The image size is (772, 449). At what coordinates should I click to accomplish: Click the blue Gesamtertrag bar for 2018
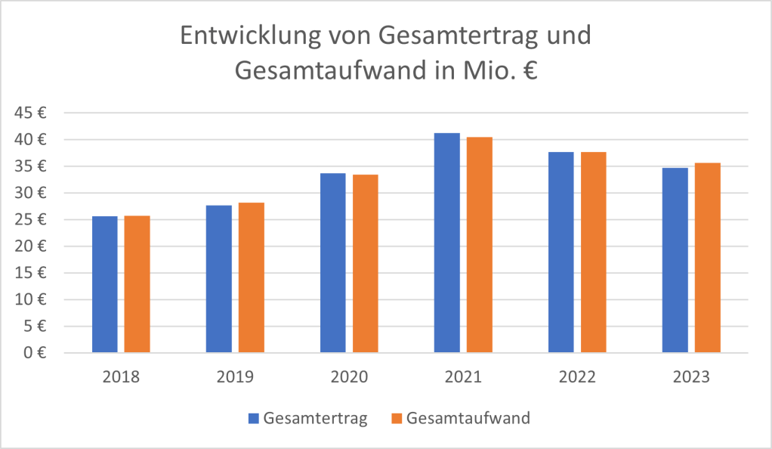104,284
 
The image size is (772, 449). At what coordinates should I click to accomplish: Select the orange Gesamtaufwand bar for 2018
137,284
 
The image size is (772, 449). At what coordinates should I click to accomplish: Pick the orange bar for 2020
365,264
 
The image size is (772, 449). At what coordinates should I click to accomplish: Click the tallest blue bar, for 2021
446,243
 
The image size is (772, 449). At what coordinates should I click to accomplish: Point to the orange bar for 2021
479,245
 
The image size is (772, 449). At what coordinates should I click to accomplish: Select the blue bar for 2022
560,252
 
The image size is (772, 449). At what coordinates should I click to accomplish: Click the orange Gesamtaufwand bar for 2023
707,258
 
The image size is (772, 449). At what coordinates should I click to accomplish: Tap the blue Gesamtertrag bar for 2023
675,260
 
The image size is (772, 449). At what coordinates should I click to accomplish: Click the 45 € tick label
30,113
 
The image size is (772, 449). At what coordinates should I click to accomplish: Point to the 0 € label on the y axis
35,353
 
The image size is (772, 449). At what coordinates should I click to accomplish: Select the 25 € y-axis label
30,219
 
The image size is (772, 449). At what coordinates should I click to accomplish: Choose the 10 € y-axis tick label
30,299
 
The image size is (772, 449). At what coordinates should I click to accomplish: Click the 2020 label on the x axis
349,376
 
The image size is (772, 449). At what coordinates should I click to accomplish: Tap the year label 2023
691,376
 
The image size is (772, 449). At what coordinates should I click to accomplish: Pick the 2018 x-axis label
121,376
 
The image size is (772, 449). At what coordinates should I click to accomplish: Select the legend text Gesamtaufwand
468,418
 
